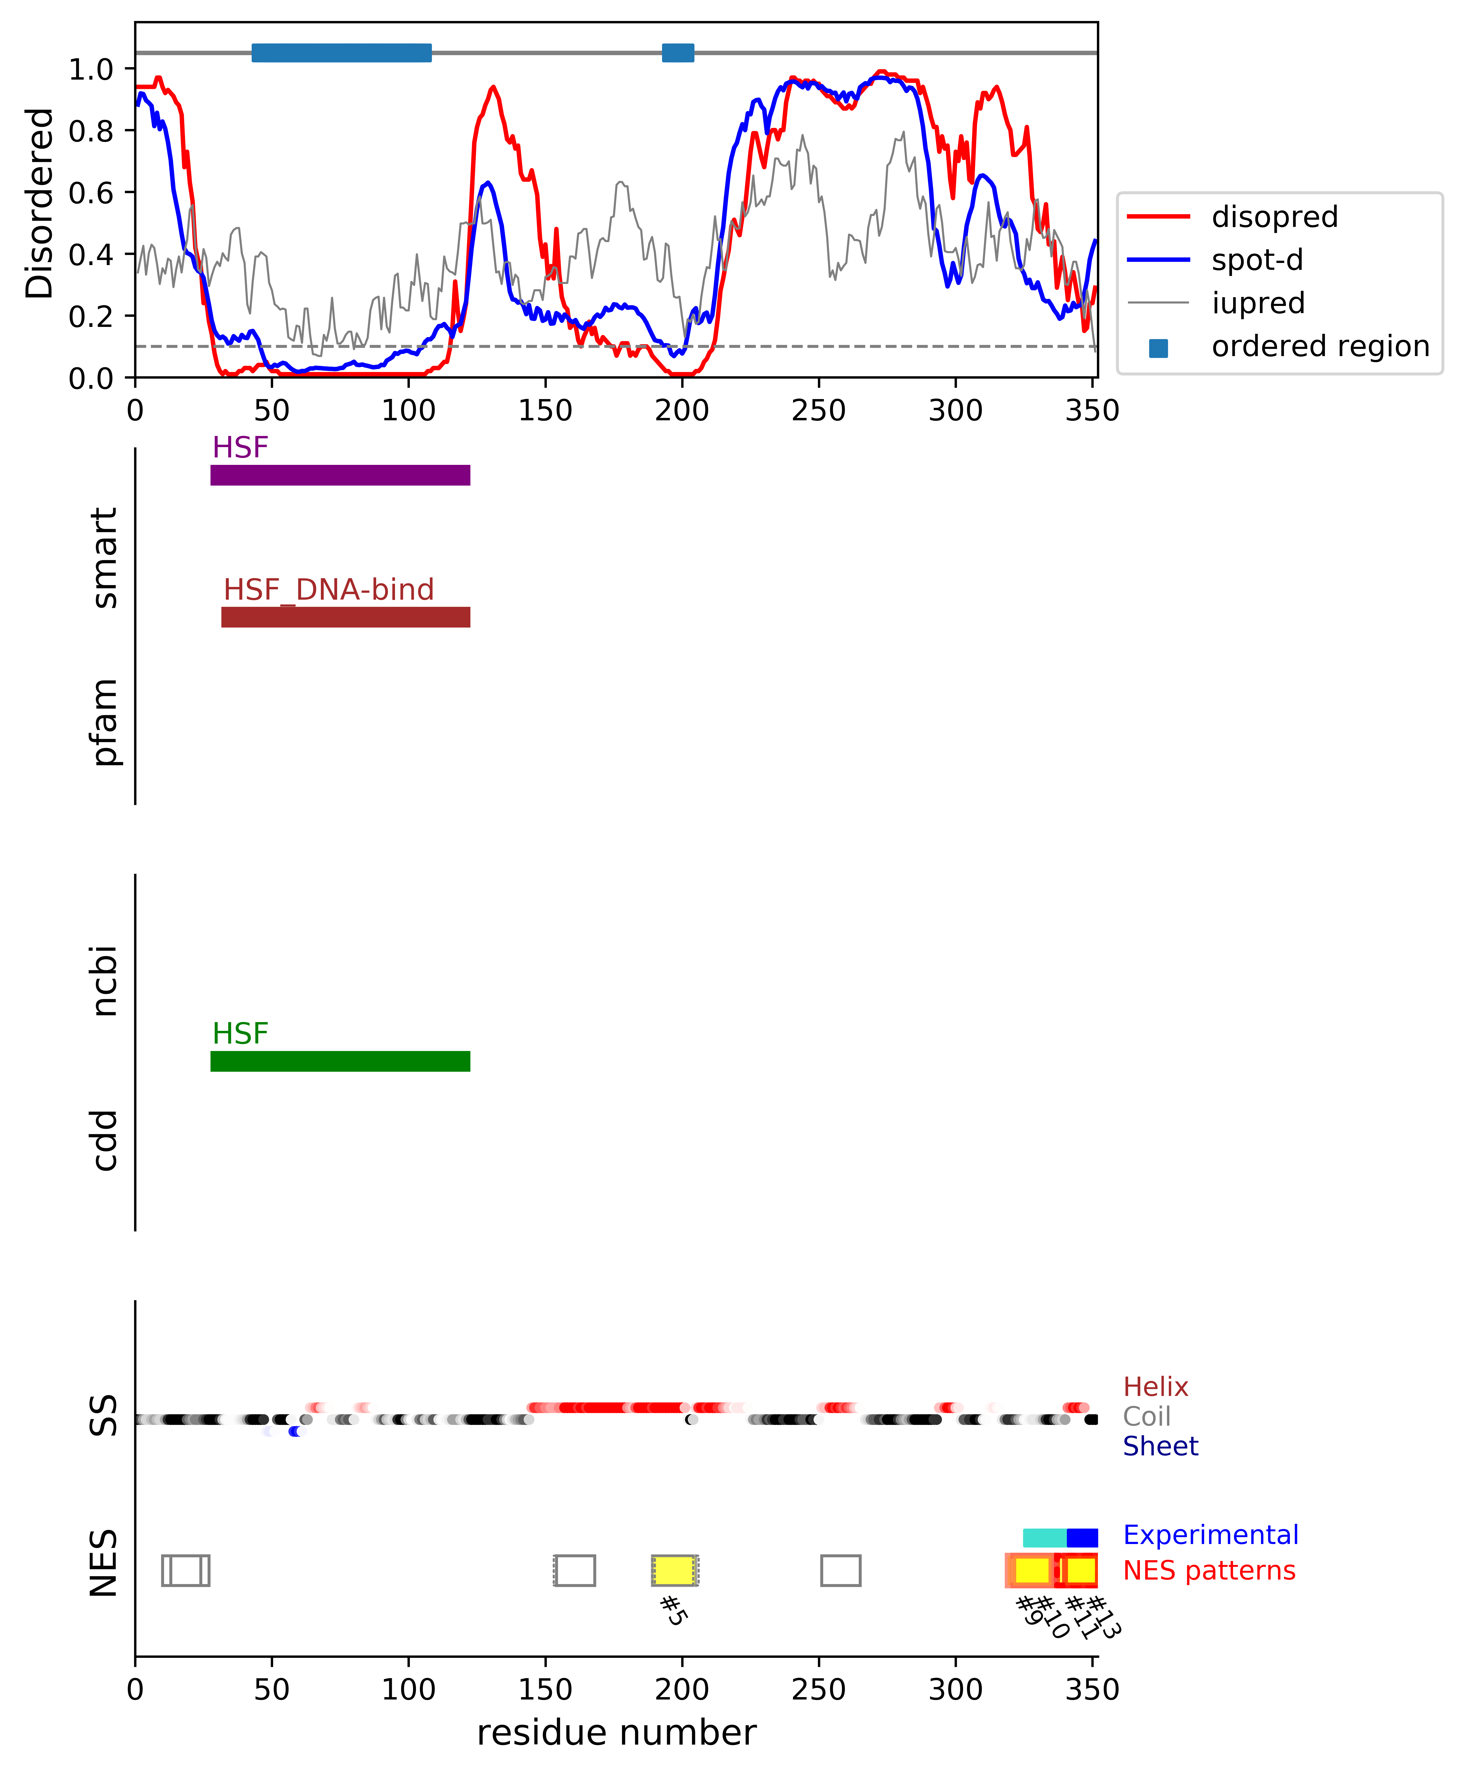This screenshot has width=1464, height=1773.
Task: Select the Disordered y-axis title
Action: [x=39, y=202]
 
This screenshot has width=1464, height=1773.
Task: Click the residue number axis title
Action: [x=616, y=1732]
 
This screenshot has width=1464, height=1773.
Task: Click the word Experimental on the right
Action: [x=1210, y=1534]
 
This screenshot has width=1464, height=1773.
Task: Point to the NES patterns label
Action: [x=1208, y=1571]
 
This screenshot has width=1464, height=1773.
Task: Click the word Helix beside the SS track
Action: [x=1155, y=1387]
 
